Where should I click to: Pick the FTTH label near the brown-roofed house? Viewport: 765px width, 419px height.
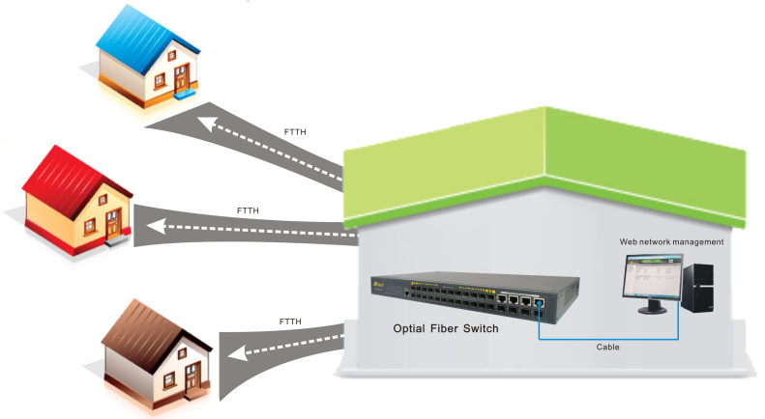click(289, 321)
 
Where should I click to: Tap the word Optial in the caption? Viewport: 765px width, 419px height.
click(410, 329)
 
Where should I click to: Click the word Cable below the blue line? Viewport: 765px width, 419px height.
click(608, 346)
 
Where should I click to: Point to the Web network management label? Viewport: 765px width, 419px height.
click(672, 240)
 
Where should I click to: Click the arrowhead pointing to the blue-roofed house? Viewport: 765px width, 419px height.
click(203, 122)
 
